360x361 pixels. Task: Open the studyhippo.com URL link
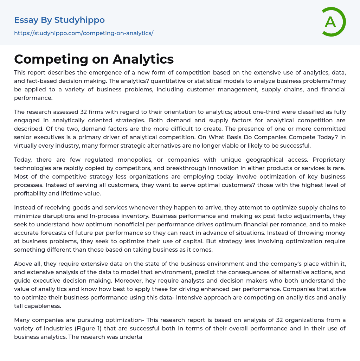pos(84,33)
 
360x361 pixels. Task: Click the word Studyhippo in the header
pos(79,20)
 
